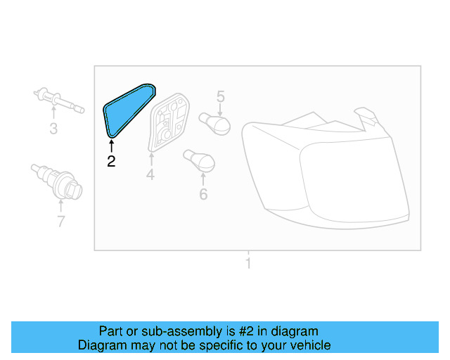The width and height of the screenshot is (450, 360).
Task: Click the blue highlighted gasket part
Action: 127,109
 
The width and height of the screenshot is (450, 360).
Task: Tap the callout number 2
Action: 111,161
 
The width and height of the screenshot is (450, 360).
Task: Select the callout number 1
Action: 247,264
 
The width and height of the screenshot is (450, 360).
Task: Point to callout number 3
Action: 53,128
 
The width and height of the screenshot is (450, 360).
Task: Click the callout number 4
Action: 150,174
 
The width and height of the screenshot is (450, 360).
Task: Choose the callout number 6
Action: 203,193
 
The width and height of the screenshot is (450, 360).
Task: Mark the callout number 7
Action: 61,221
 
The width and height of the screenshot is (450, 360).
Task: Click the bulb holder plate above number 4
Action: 169,123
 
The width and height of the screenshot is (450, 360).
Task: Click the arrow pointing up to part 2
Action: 111,146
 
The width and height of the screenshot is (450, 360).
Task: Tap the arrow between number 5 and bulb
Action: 220,109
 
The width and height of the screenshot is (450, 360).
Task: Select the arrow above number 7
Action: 61,206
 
